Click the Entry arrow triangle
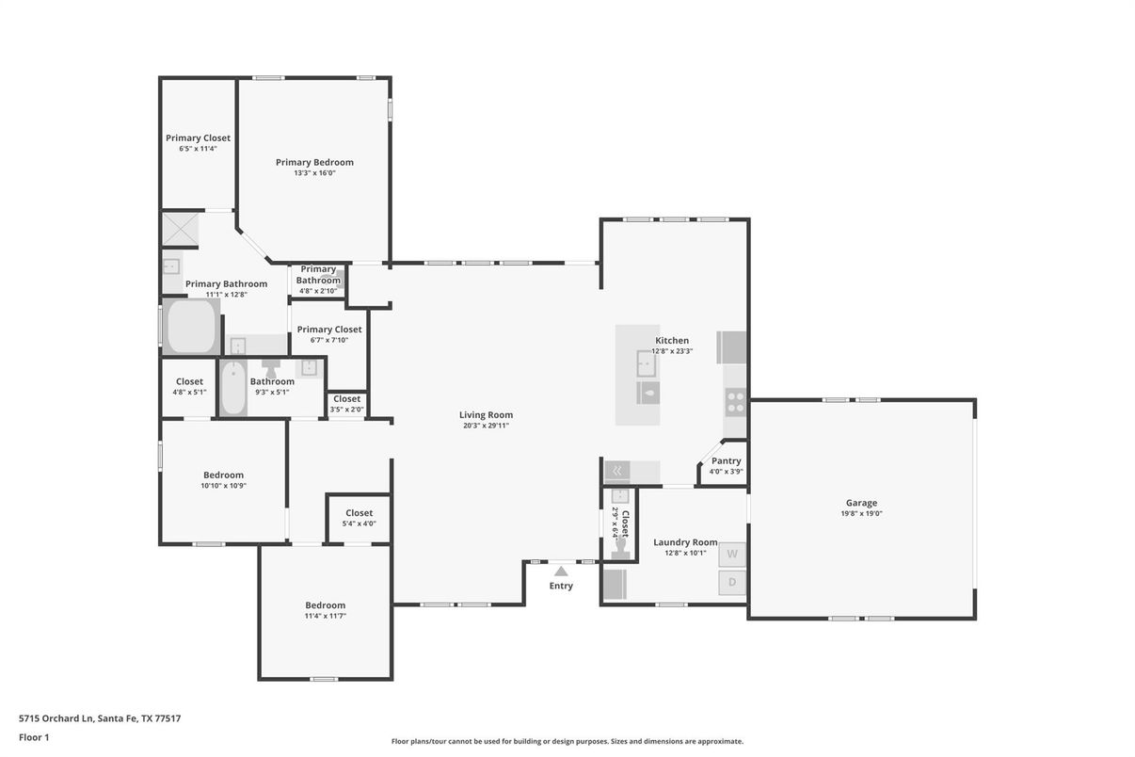pos(561,571)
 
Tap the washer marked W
pos(732,555)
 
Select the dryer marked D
pos(732,583)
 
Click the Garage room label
pos(861,503)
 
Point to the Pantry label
pos(726,461)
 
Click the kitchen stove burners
pos(735,403)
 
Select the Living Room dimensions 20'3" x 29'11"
pos(486,426)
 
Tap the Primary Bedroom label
pos(314,162)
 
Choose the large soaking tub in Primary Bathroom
pos(192,327)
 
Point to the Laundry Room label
pos(685,542)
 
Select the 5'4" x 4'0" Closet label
pos(359,513)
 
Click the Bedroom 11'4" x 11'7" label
pos(325,605)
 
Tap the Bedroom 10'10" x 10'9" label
pos(223,475)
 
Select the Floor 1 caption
pos(34,737)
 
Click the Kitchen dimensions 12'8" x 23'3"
pos(672,351)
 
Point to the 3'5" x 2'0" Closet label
pos(346,399)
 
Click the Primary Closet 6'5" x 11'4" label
pos(198,138)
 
